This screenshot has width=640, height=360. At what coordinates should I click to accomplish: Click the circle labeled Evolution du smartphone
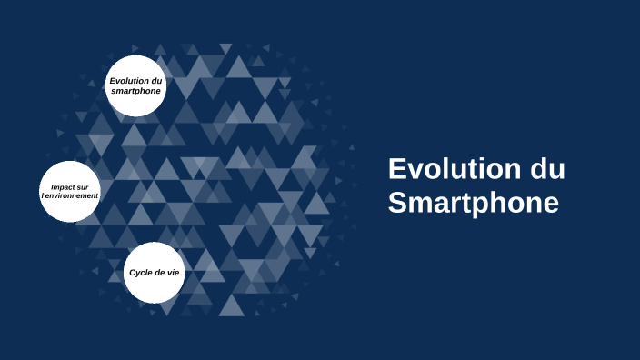pos(135,85)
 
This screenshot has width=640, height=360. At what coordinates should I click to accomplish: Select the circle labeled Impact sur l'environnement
pos(69,192)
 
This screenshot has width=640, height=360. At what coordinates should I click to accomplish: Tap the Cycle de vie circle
pos(154,272)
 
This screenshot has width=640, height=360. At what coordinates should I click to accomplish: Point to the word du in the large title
pos(545,169)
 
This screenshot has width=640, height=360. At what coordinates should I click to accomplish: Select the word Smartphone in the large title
pos(473,203)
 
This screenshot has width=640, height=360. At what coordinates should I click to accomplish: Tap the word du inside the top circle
pos(156,81)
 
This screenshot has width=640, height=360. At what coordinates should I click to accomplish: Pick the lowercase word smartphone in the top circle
pos(135,91)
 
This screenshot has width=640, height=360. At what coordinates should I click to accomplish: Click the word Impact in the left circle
pos(63,186)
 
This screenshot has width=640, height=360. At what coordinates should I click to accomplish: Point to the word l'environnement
pos(69,196)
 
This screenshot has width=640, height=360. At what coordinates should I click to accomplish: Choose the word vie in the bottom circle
pos(173,273)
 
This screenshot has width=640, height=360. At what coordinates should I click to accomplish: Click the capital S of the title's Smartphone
pos(397,203)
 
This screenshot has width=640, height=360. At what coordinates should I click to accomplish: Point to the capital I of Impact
pos(53,186)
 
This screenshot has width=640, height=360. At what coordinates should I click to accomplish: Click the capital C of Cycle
pos(132,273)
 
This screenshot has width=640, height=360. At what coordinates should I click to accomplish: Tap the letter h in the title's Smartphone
pos(496,203)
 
